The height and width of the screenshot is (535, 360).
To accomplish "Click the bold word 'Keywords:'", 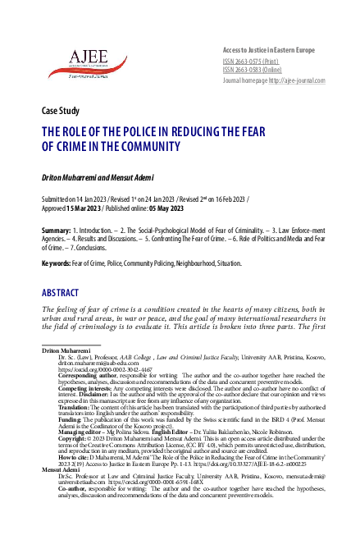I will tap(57, 264).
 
